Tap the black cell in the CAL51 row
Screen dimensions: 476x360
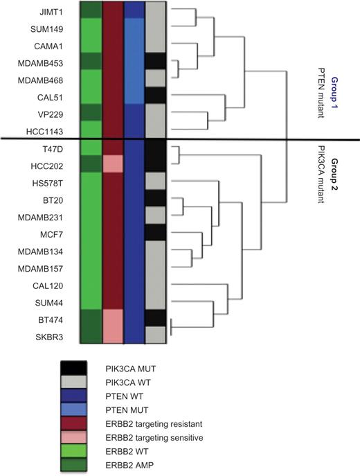tap(156, 95)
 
